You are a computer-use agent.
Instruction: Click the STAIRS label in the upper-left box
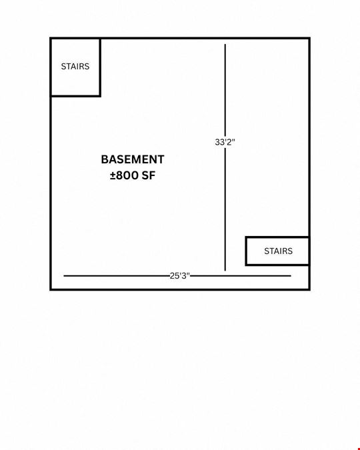[75, 67]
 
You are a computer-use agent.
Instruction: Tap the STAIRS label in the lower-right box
[279, 251]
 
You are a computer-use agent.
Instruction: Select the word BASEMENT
[133, 159]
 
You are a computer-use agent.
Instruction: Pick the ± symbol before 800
[113, 175]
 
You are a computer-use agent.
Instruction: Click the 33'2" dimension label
[225, 142]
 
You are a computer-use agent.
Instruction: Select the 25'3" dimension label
[180, 276]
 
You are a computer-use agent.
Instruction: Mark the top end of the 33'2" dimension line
[225, 44]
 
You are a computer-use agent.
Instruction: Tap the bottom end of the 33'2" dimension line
[225, 271]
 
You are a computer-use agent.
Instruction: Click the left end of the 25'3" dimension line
[64, 276]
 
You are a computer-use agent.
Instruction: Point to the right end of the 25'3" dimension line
[291, 276]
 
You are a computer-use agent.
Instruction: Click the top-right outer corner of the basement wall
[310, 37]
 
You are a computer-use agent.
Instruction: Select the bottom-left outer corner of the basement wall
[50, 290]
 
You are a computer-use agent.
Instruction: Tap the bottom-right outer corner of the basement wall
[310, 290]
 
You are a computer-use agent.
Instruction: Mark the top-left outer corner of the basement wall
[50, 37]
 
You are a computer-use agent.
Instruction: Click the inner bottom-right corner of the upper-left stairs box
[99, 95]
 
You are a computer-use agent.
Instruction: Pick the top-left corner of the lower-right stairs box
[246, 237]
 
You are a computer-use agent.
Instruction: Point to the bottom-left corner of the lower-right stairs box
[246, 265]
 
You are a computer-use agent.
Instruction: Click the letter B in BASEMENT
[105, 159]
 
